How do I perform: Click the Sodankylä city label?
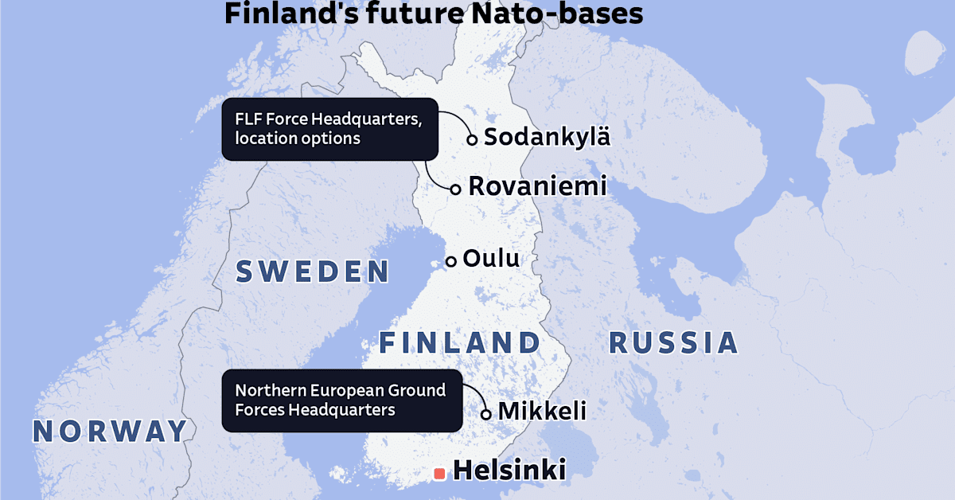pyautogui.click(x=547, y=136)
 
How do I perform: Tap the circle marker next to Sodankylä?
pyautogui.click(x=472, y=139)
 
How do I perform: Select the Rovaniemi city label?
pyautogui.click(x=537, y=186)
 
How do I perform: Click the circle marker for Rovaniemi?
pyautogui.click(x=456, y=189)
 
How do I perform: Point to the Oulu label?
pyautogui.click(x=491, y=259)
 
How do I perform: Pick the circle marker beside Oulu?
pyautogui.click(x=450, y=261)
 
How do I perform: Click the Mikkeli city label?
pyautogui.click(x=542, y=412)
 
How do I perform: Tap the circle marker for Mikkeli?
pyautogui.click(x=486, y=414)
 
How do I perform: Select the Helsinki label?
pyautogui.click(x=509, y=471)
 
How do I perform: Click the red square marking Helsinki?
pyautogui.click(x=439, y=474)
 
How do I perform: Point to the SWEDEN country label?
pyautogui.click(x=313, y=272)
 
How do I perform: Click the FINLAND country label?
pyautogui.click(x=459, y=343)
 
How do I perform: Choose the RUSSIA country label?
pyautogui.click(x=673, y=343)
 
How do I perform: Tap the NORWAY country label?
pyautogui.click(x=110, y=431)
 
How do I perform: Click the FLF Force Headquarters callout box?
pyautogui.click(x=329, y=129)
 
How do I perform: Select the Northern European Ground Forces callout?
pyautogui.click(x=341, y=400)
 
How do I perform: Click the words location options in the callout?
pyautogui.click(x=298, y=139)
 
